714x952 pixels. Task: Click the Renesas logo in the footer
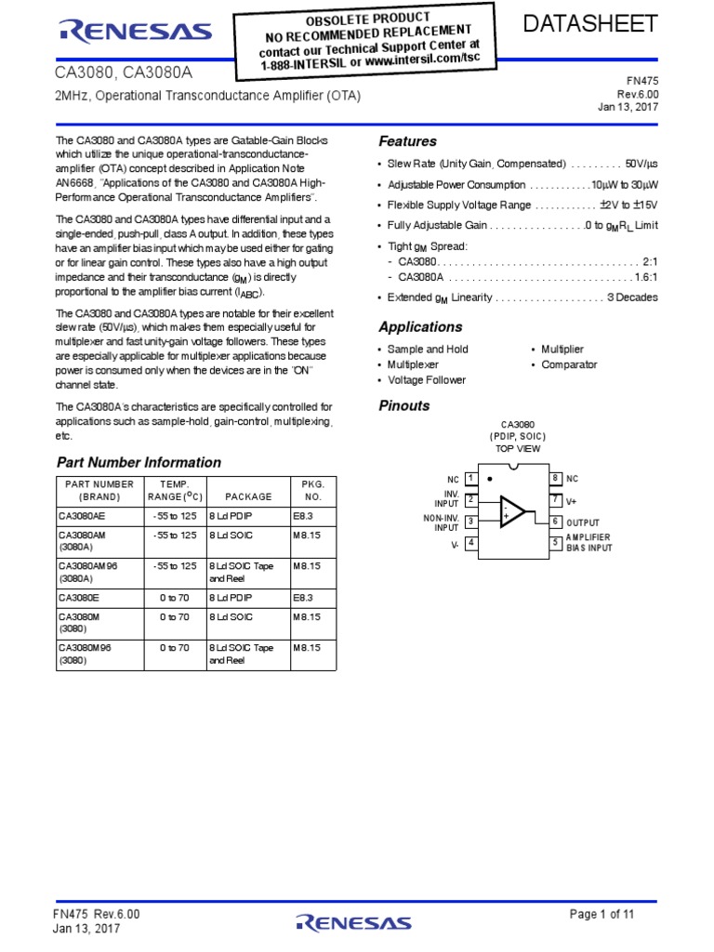[353, 922]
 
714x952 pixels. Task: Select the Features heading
[407, 141]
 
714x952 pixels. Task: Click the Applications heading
[420, 327]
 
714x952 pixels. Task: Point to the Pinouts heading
[404, 405]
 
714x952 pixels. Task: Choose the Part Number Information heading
[139, 462]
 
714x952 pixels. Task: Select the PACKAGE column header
[248, 496]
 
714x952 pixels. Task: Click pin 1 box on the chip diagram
[471, 478]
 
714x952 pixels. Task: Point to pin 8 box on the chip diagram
[555, 478]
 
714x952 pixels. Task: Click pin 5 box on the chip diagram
[555, 542]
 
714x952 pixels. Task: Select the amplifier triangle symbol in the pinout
[512, 510]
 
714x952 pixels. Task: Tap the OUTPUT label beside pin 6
[583, 522]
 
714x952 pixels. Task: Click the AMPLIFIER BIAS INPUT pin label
[589, 543]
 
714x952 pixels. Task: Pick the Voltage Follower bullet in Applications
[426, 380]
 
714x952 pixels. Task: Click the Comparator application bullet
[569, 364]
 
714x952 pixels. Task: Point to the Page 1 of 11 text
[602, 914]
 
